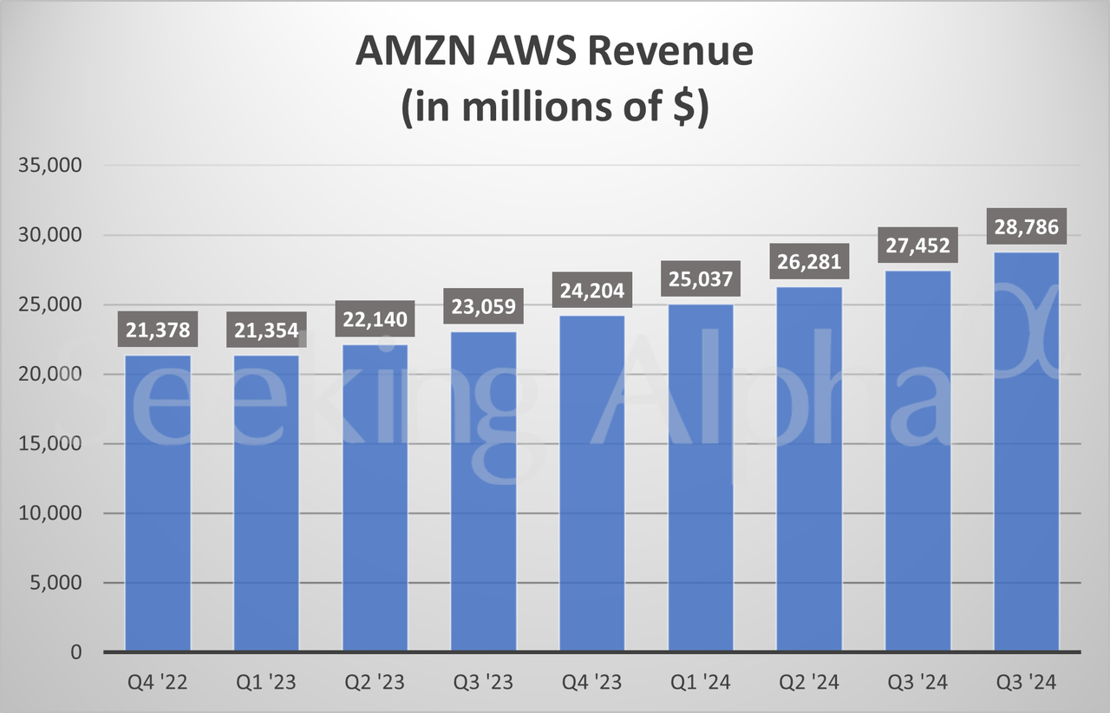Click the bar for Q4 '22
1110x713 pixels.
click(x=158, y=503)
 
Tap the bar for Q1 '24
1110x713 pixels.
click(x=701, y=477)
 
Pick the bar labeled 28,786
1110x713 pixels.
click(x=1026, y=451)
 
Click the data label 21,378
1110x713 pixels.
click(x=158, y=330)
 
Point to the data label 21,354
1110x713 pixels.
click(x=266, y=330)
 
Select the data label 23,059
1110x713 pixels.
click(x=483, y=306)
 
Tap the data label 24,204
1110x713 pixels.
click(x=591, y=291)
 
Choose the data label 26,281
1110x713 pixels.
click(x=809, y=262)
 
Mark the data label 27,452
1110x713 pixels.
click(x=917, y=245)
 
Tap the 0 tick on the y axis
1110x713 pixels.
click(x=75, y=652)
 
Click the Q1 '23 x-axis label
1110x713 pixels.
click(x=266, y=683)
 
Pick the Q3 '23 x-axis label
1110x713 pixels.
click(x=483, y=683)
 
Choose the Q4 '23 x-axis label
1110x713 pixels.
click(x=591, y=683)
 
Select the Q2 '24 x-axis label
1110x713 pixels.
click(x=809, y=683)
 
